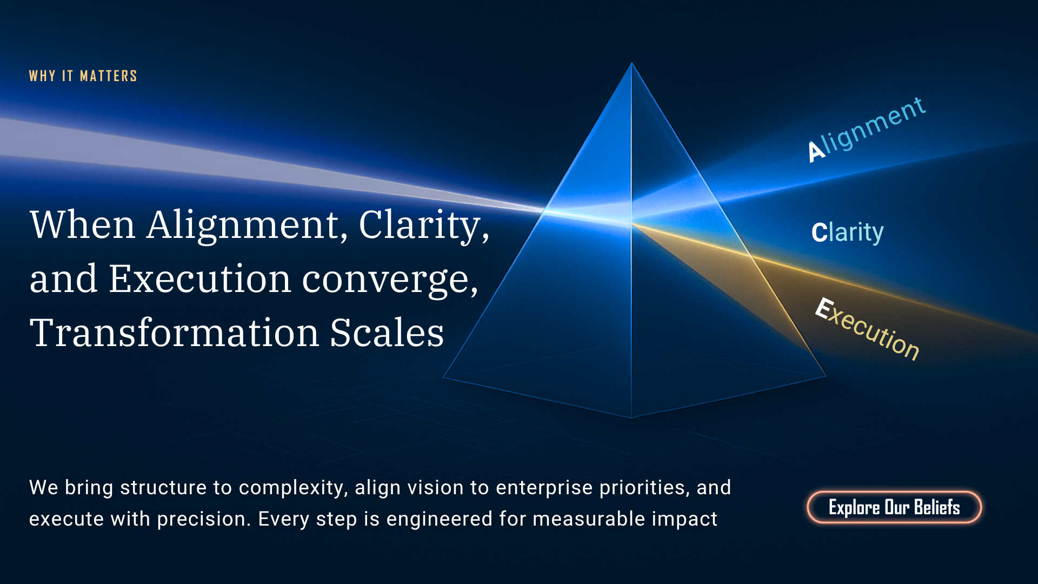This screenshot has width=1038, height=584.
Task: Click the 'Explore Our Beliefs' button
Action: [894, 507]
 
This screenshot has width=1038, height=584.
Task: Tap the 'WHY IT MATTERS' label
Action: [83, 76]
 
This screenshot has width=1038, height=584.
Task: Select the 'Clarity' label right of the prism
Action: [847, 232]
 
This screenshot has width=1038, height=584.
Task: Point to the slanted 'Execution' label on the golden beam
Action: [867, 329]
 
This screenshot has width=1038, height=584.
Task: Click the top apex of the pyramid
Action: [631, 63]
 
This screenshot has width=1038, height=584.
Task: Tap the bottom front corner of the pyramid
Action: [631, 418]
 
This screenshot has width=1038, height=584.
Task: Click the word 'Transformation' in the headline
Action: [174, 332]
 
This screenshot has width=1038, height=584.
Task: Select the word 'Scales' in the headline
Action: [387, 332]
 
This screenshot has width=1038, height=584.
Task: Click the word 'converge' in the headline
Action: [390, 280]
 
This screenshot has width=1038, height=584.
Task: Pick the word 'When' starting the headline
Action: [82, 224]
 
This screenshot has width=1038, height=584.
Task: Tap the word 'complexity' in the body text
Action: [292, 488]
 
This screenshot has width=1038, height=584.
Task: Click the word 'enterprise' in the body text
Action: [544, 488]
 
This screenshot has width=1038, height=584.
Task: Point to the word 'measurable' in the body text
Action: [589, 519]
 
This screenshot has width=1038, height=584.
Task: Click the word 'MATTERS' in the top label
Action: [109, 76]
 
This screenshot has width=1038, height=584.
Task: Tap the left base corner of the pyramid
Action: [443, 377]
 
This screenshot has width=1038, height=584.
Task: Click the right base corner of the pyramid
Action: [826, 376]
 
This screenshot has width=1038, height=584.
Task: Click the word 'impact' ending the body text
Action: [684, 519]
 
